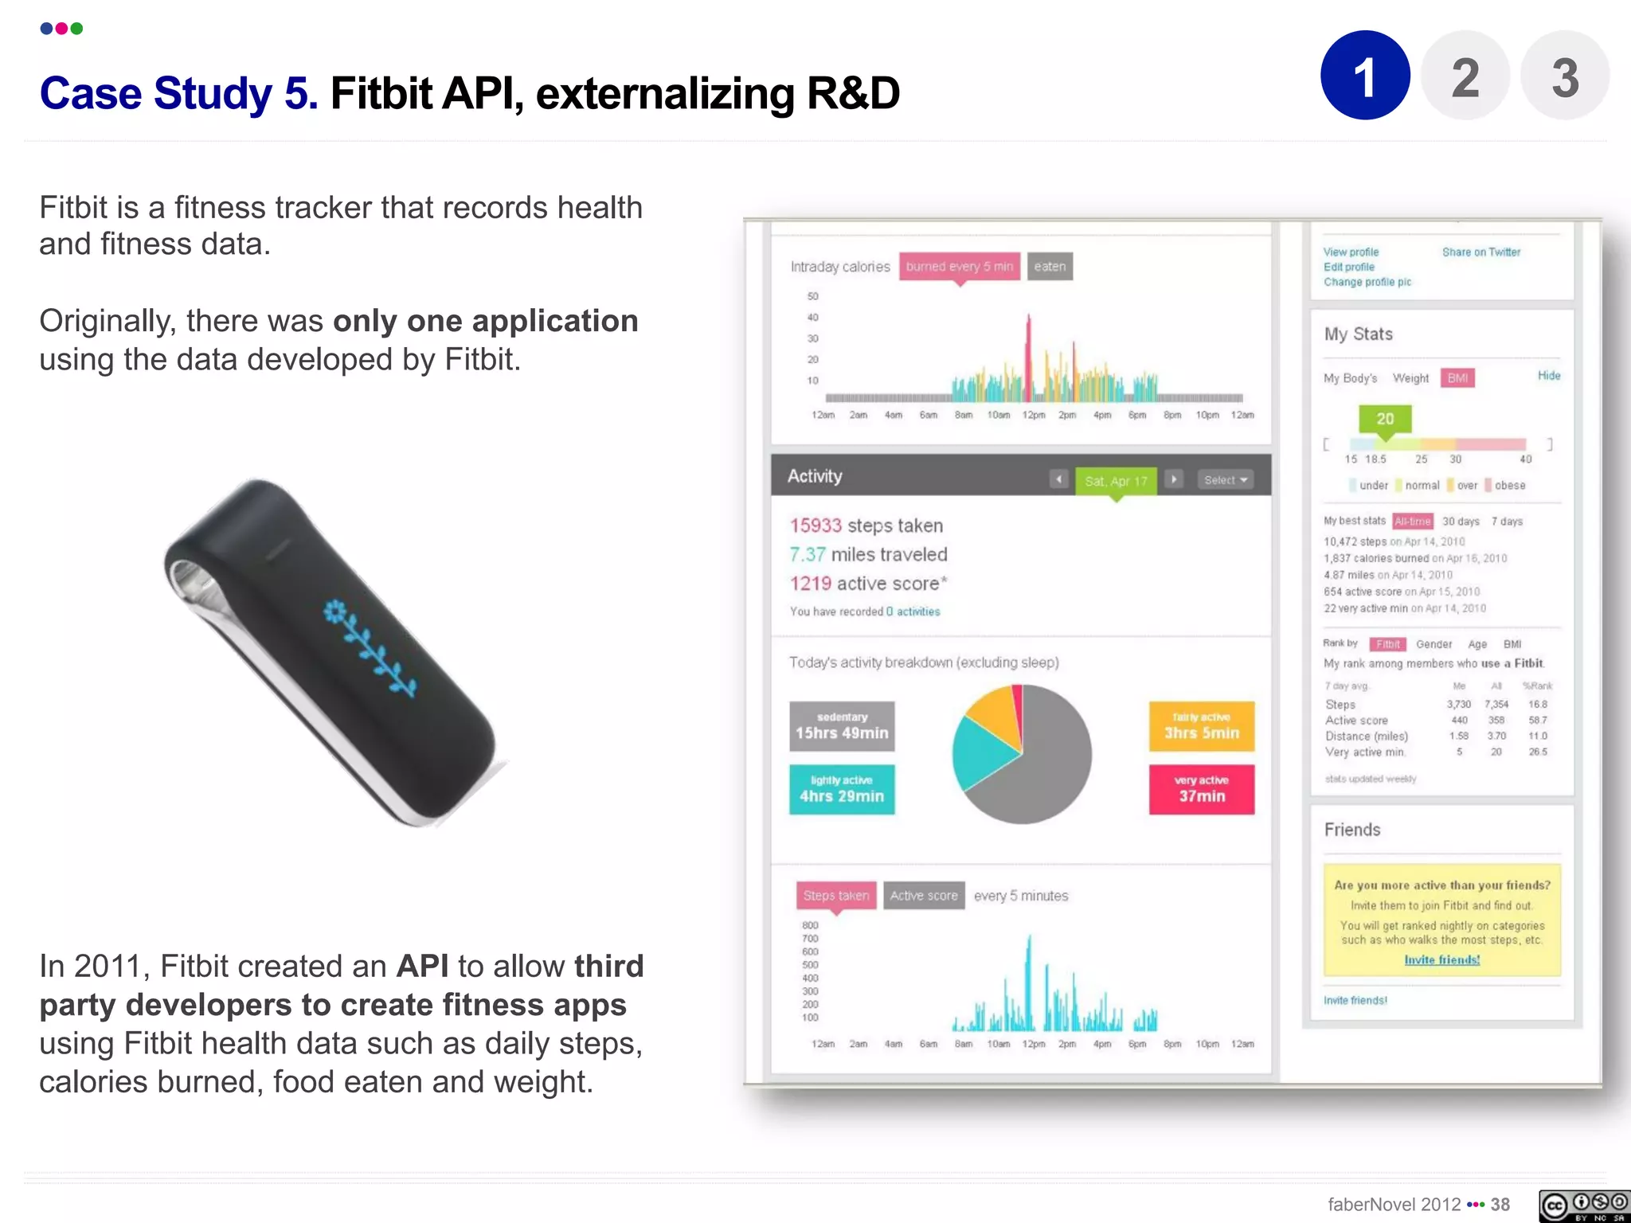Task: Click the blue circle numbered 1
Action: [1365, 76]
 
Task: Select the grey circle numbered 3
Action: [1564, 76]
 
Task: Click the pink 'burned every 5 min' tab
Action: [959, 267]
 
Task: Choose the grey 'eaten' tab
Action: [1050, 267]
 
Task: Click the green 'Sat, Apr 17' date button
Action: [1116, 480]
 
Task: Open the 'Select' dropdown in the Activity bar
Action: [1225, 480]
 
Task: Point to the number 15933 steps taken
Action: [815, 526]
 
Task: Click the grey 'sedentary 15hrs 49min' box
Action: [842, 726]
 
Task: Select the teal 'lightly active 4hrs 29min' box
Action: [842, 789]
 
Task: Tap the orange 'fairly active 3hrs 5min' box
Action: [1201, 726]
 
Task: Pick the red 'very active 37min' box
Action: [1201, 789]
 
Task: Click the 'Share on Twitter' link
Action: [1480, 252]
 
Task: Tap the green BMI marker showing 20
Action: [1385, 420]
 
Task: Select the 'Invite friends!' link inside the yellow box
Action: [1441, 960]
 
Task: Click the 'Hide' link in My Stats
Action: [1548, 376]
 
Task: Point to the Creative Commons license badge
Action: [1583, 1205]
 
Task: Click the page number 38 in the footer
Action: [1500, 1205]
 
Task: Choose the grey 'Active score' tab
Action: [924, 896]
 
